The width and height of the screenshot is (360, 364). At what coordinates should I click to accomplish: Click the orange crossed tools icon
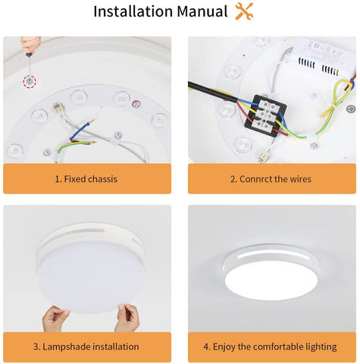click(244, 11)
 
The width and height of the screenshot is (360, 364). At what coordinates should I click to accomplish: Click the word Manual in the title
click(202, 11)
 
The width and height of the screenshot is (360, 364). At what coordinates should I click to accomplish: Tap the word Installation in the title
click(133, 11)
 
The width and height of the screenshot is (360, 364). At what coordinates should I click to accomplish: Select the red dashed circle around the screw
click(30, 81)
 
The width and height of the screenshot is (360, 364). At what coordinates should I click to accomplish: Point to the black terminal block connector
click(265, 116)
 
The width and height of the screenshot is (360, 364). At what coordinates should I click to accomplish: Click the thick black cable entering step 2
click(213, 93)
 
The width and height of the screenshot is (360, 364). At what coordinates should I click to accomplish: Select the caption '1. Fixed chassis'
click(86, 179)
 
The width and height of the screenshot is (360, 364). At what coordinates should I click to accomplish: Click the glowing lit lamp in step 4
click(271, 271)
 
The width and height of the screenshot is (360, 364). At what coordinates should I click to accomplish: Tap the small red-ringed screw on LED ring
click(136, 104)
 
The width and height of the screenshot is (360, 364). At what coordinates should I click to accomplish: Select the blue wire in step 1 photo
click(80, 130)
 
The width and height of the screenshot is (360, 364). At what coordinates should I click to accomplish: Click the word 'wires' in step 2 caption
click(300, 179)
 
